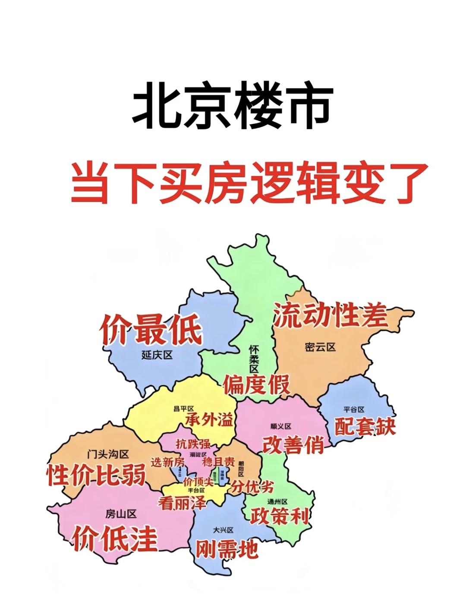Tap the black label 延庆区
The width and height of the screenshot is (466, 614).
click(x=157, y=355)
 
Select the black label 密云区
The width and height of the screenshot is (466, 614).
click(x=320, y=347)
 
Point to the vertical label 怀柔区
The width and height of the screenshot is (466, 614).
click(x=254, y=359)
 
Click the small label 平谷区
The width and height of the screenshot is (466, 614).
click(x=354, y=409)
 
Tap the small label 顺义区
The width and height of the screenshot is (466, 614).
click(x=281, y=426)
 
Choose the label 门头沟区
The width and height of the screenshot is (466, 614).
click(x=108, y=454)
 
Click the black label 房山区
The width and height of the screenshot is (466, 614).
click(x=121, y=514)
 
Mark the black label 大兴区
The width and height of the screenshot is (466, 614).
click(x=223, y=530)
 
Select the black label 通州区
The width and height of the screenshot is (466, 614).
click(x=277, y=502)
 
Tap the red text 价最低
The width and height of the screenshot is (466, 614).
click(x=151, y=330)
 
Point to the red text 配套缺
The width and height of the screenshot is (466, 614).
click(x=365, y=426)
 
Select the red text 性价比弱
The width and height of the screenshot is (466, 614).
click(x=96, y=475)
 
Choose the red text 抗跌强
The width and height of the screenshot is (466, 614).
click(x=193, y=443)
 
